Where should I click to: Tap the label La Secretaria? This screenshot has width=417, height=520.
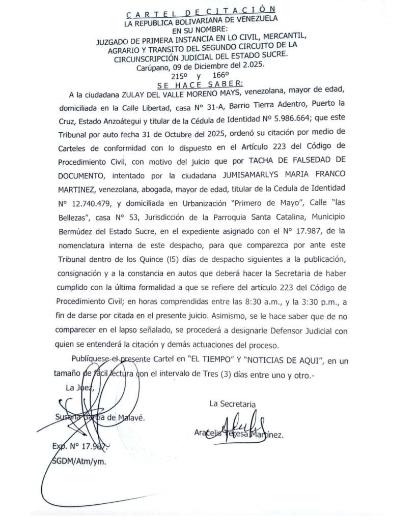(x=232, y=404)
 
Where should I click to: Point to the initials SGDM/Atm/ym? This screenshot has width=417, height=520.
(x=79, y=462)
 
